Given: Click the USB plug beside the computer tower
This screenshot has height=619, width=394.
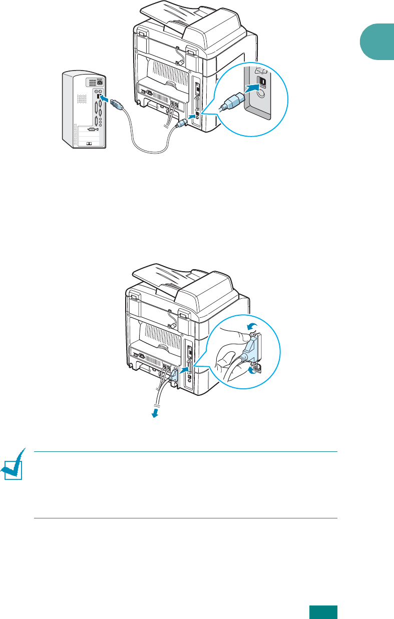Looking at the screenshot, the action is point(117,106).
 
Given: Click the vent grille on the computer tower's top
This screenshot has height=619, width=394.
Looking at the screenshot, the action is point(95,82).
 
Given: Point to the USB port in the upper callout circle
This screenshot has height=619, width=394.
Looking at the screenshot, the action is point(261,81).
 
